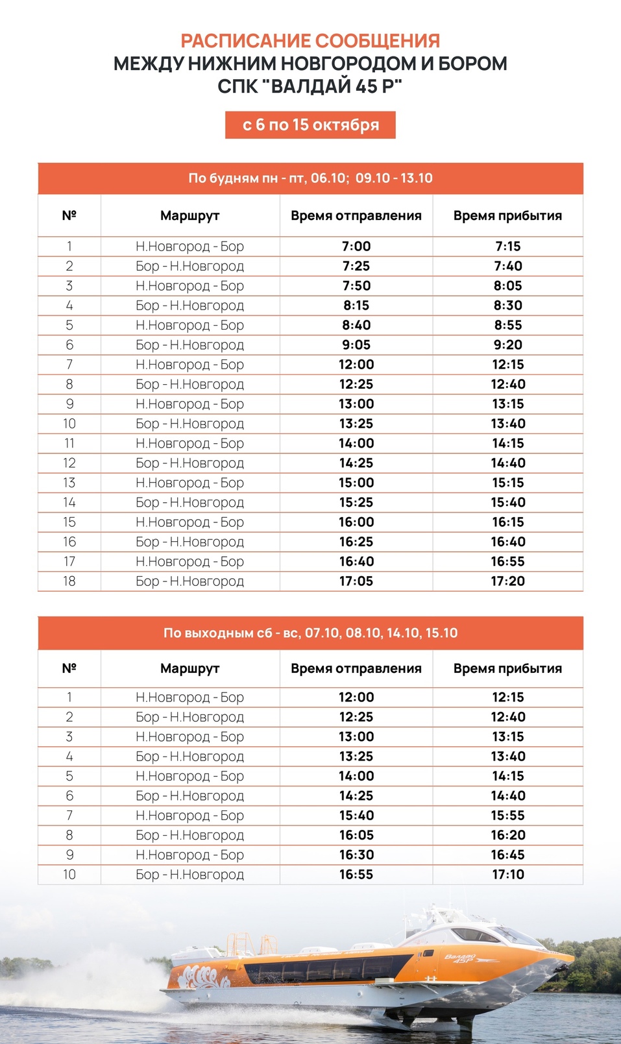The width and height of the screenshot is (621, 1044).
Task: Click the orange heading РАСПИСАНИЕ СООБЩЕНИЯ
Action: coord(310,41)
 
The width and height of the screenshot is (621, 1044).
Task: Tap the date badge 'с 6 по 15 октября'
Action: coord(310,125)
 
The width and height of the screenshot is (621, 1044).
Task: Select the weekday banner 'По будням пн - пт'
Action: coord(310,178)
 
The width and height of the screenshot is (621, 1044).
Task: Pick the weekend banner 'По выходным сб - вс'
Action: coord(310,633)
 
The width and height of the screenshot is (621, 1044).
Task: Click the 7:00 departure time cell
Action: coord(356,247)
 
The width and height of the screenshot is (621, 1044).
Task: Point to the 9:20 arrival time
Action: coord(507,345)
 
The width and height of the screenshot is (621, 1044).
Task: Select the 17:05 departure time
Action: coord(356,581)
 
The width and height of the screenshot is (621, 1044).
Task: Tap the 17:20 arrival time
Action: coord(507,581)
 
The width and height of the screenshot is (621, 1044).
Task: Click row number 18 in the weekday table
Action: coord(69,581)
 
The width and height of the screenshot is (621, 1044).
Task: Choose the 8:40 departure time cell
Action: coord(356,325)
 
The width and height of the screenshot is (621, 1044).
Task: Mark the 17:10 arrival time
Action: coord(507,875)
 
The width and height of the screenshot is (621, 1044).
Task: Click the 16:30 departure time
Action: coord(356,855)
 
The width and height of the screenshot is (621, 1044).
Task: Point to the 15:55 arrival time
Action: coord(507,816)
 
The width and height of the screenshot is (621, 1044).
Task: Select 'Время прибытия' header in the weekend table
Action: coord(507,668)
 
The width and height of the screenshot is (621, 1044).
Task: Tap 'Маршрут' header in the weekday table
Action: coord(189,215)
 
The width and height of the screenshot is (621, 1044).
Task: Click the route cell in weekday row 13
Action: coord(189,483)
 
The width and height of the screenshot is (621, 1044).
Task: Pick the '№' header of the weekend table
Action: coord(69,668)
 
